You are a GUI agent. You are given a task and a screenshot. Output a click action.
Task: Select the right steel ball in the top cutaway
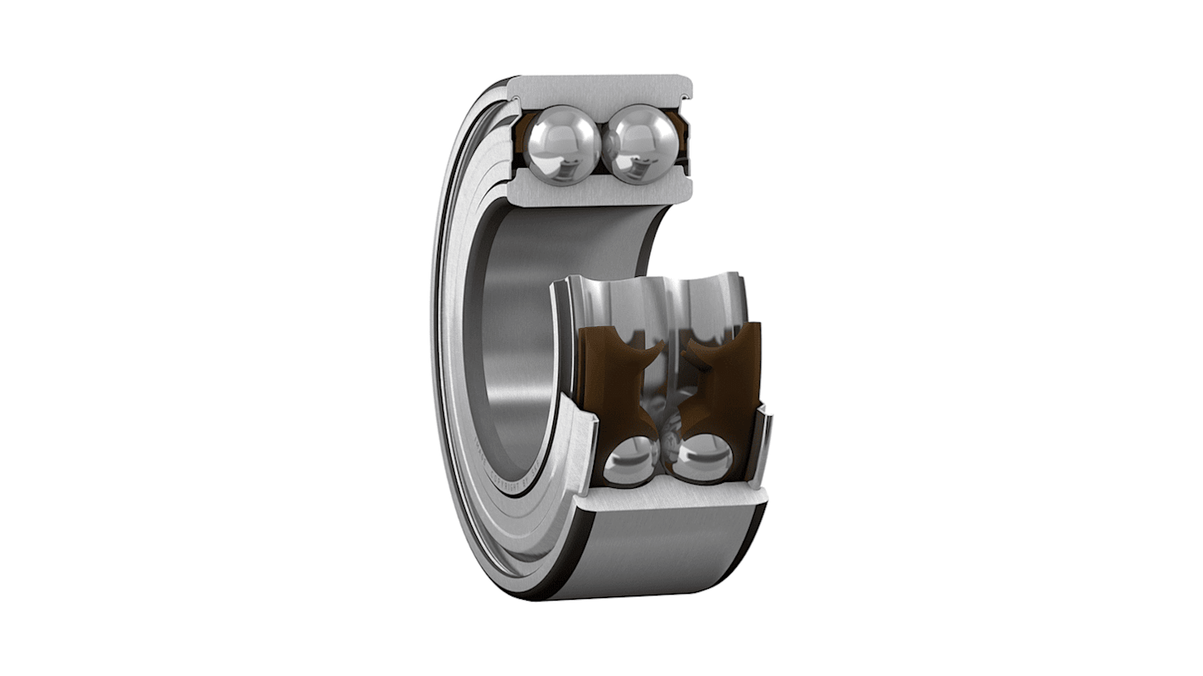pos(643,144)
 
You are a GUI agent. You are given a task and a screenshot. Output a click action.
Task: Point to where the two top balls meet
pos(603,144)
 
